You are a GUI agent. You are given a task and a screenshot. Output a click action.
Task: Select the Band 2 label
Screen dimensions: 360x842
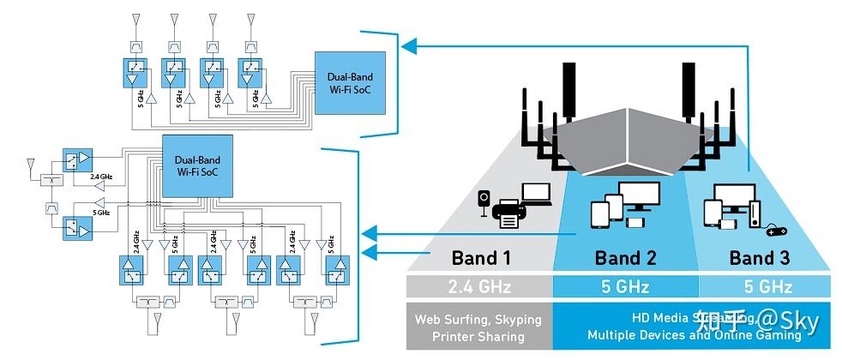tap(625, 258)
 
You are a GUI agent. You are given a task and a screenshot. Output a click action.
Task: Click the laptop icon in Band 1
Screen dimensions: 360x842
tap(536, 195)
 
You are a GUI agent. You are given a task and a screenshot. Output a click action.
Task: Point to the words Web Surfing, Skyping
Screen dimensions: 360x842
tap(478, 319)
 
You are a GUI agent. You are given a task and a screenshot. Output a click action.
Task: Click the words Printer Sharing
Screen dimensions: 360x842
tap(478, 336)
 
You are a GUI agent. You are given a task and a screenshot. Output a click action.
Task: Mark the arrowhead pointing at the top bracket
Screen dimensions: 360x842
tap(412, 45)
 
